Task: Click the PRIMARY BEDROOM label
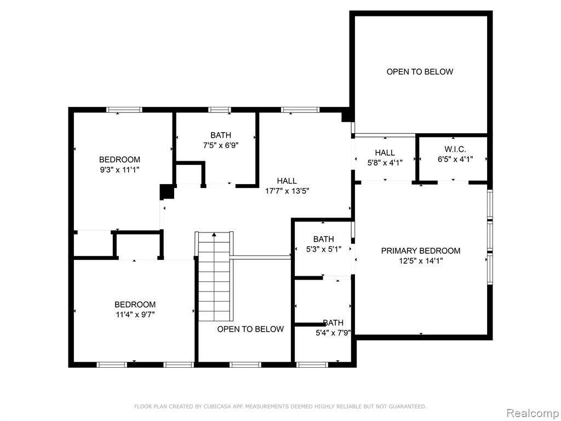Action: tap(420, 251)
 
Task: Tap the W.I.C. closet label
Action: tap(455, 149)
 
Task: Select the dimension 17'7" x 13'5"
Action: tap(287, 191)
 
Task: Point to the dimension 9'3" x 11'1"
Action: tap(119, 169)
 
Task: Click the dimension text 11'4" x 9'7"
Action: tap(135, 315)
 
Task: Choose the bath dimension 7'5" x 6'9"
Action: tap(220, 145)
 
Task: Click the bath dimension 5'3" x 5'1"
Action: tap(323, 249)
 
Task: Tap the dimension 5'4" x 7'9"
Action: tap(333, 333)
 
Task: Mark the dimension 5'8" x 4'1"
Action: tap(385, 162)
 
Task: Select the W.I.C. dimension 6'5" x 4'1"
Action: tap(455, 159)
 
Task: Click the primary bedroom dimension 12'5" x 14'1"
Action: tap(421, 260)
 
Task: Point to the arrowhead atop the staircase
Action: tap(214, 235)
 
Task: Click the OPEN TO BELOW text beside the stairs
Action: tap(250, 329)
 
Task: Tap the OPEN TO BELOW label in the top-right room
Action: tap(420, 72)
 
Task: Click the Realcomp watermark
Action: tap(533, 413)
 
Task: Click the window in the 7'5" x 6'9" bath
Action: tap(220, 110)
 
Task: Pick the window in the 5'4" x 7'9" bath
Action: tap(312, 365)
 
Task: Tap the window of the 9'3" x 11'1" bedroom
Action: tap(124, 110)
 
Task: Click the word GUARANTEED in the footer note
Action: tap(408, 406)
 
